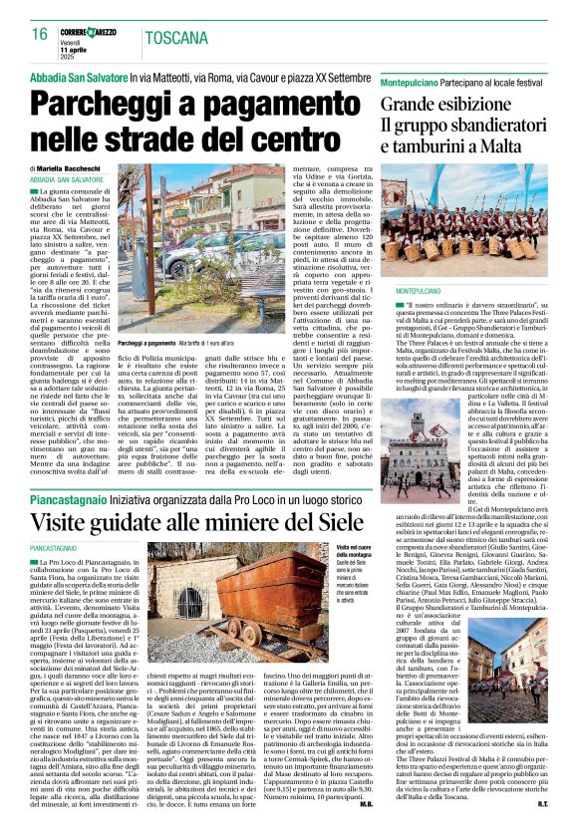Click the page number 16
pyautogui.click(x=39, y=35)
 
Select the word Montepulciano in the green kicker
pyautogui.click(x=418, y=78)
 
